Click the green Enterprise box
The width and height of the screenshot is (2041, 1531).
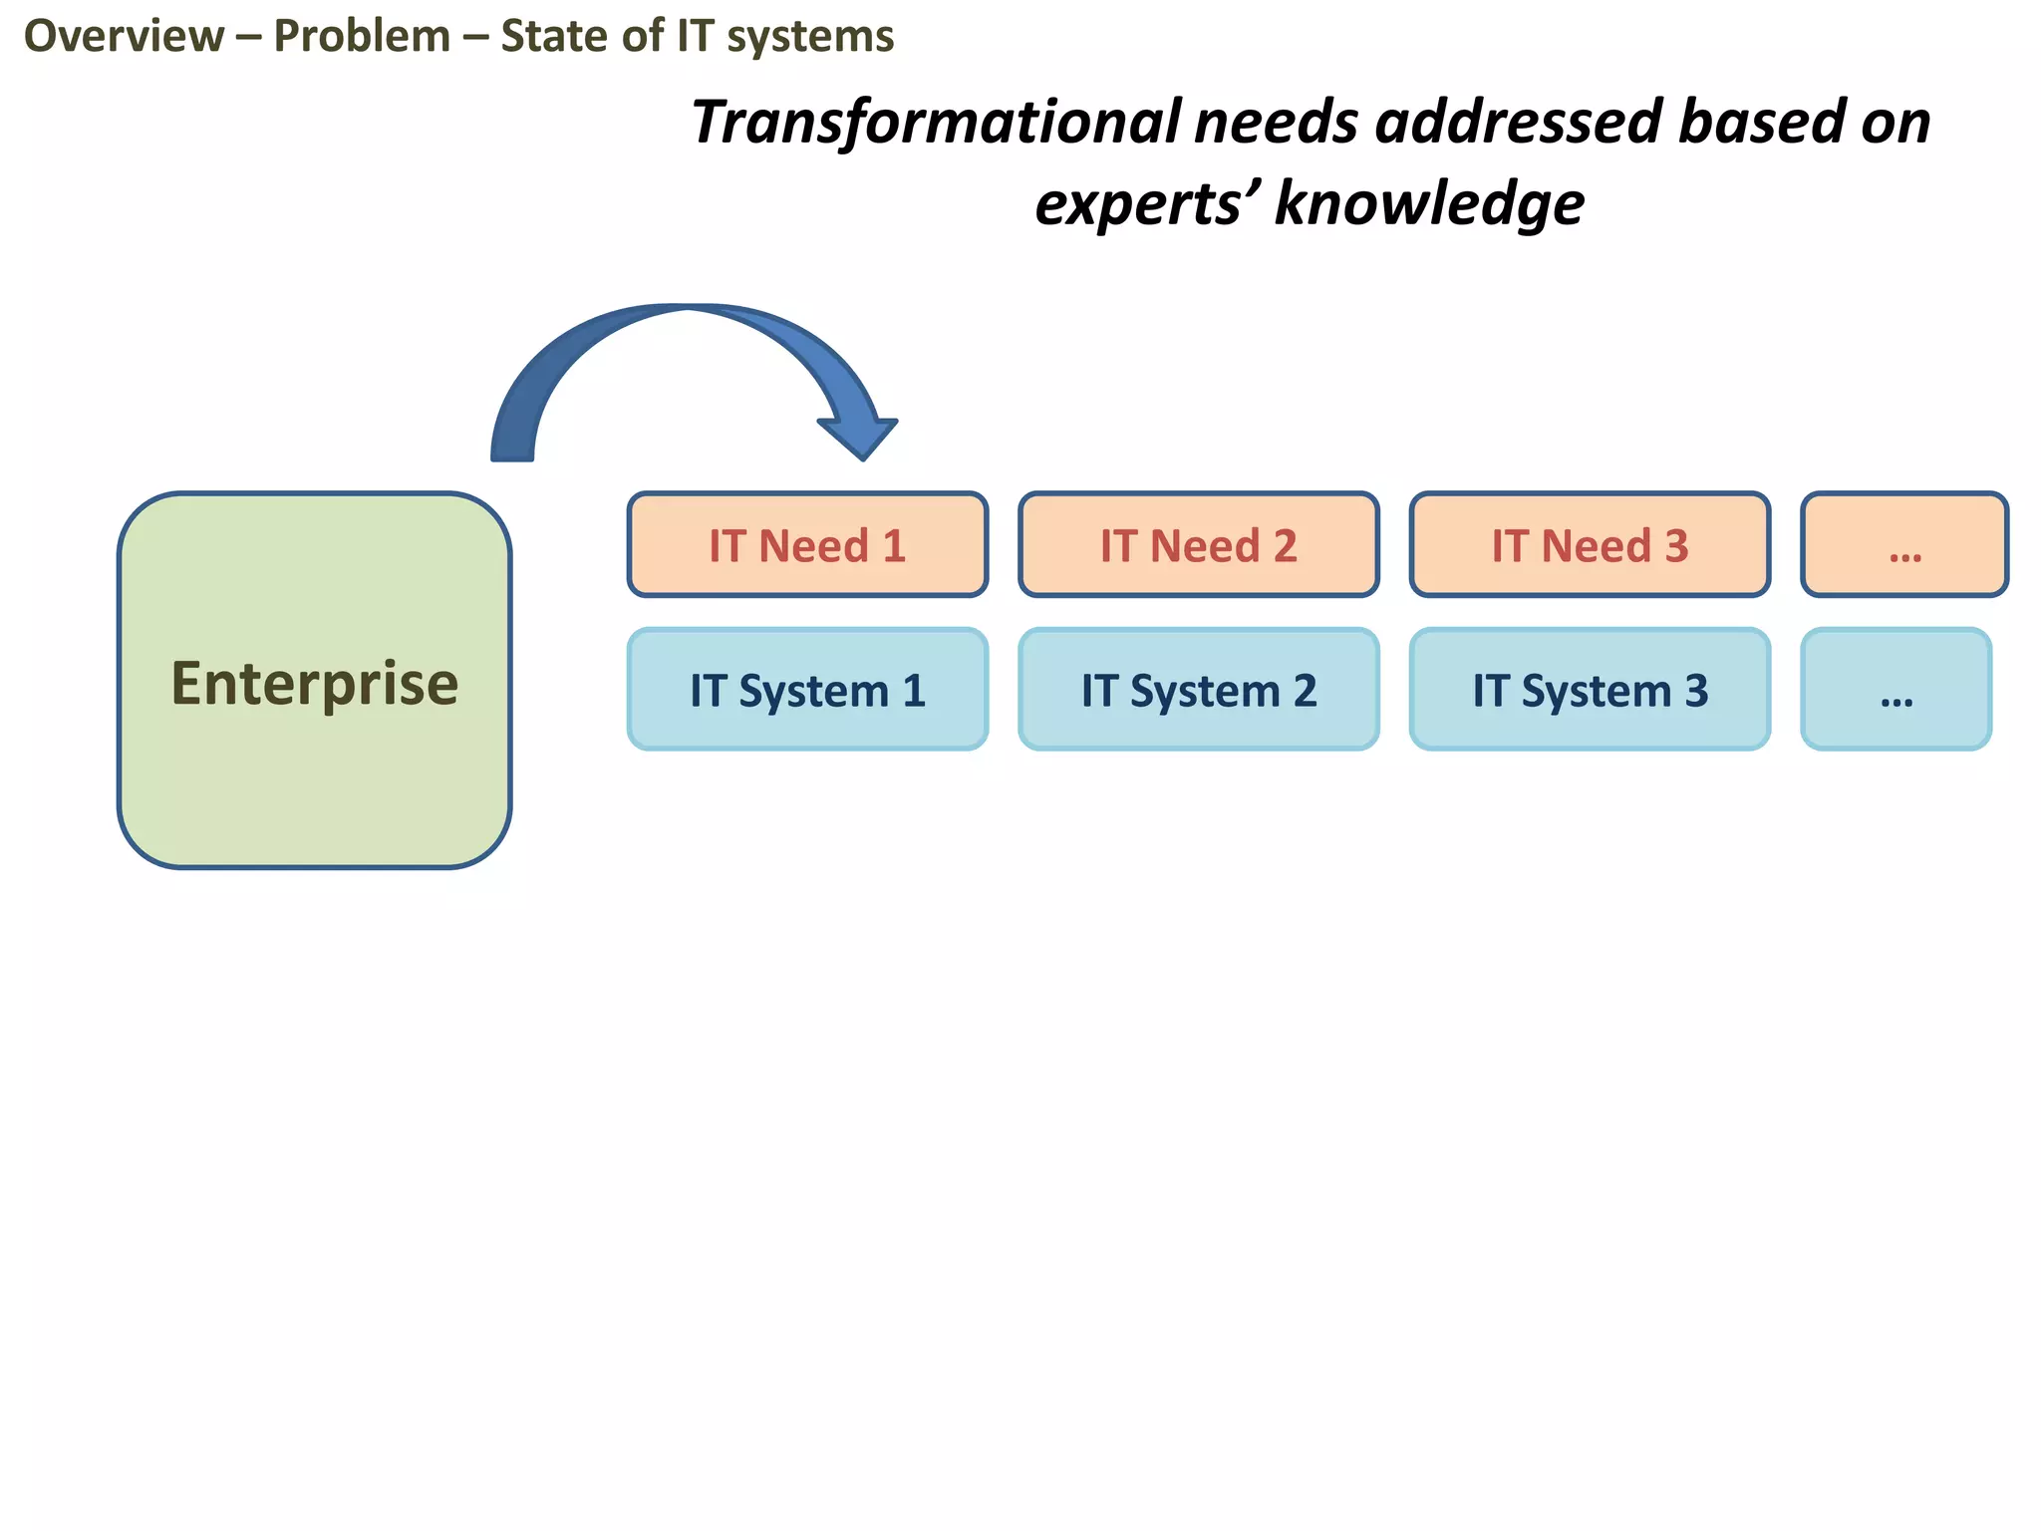[314, 680]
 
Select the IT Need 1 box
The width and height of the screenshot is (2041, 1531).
[807, 545]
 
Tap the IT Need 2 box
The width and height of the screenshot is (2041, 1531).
[1199, 545]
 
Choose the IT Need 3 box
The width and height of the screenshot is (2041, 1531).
[1590, 545]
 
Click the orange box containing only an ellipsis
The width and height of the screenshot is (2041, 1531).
[1904, 545]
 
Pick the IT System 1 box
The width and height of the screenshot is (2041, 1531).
[807, 690]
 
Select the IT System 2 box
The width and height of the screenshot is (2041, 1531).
[1199, 690]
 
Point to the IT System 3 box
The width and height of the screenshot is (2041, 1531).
[1590, 690]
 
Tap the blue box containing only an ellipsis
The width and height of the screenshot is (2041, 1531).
[1895, 690]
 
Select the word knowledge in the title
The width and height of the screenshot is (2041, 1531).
[1429, 203]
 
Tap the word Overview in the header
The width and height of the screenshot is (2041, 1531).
[124, 37]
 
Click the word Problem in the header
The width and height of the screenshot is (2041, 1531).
[362, 37]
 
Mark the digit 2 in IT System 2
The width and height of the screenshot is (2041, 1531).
[1305, 691]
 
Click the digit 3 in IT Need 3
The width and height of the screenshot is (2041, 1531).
[1676, 546]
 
